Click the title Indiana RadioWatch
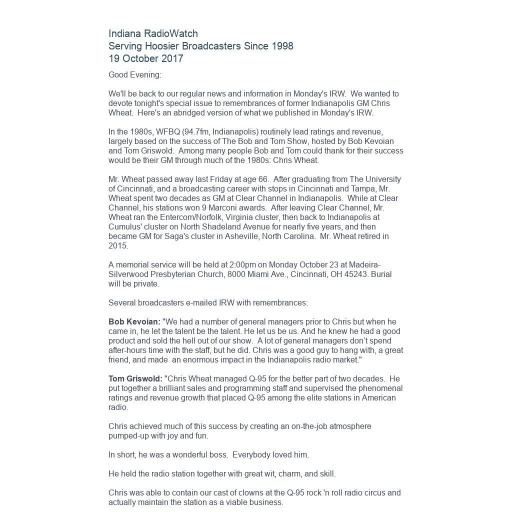(x=153, y=33)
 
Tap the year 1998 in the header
(x=282, y=46)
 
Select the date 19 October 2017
(x=146, y=58)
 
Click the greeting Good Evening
(x=135, y=75)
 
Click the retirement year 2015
(x=118, y=246)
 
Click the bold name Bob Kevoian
(x=134, y=322)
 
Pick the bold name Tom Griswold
(x=135, y=379)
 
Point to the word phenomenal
(x=378, y=388)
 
